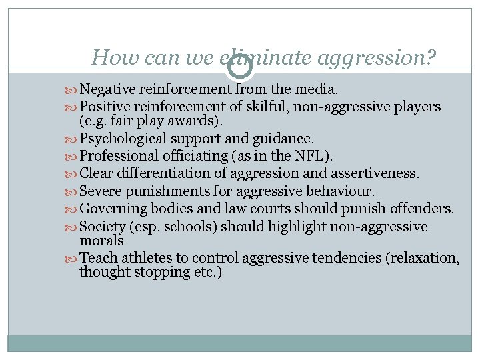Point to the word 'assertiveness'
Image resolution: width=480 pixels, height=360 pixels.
pyautogui.click(x=375, y=174)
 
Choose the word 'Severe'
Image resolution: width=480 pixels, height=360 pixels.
pyautogui.click(x=101, y=191)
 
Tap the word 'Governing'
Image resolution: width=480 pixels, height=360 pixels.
pyautogui.click(x=112, y=209)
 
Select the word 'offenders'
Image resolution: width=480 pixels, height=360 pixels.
pyautogui.click(x=419, y=209)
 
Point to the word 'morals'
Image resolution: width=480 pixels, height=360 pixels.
pyautogui.click(x=101, y=241)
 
